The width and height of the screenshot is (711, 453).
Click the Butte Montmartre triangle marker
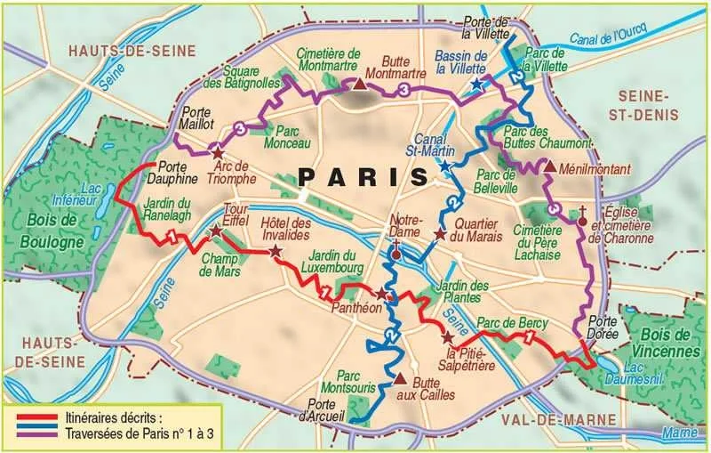tap(358, 85)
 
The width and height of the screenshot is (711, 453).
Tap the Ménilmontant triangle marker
tap(550, 166)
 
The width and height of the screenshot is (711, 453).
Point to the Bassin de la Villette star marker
tap(477, 85)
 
